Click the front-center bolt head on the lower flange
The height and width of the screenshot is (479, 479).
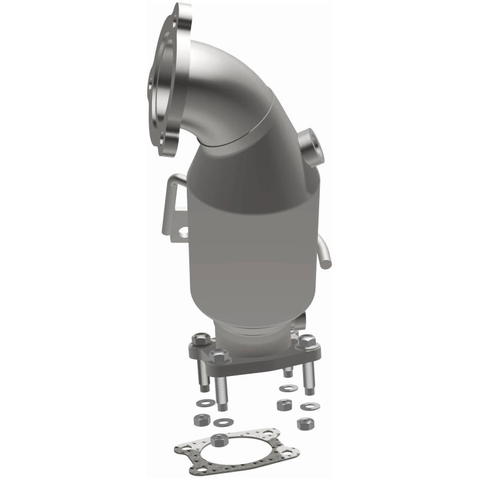tap(219, 357)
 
